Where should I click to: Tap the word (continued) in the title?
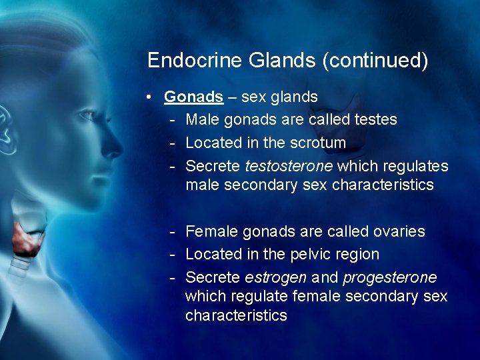pyautogui.click(x=375, y=61)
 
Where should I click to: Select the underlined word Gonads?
pyautogui.click(x=193, y=97)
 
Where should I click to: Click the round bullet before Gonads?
pyautogui.click(x=152, y=97)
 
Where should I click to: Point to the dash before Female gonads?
pyautogui.click(x=172, y=231)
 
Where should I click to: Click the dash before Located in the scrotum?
pyautogui.click(x=172, y=142)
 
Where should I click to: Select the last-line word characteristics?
pyautogui.click(x=236, y=315)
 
